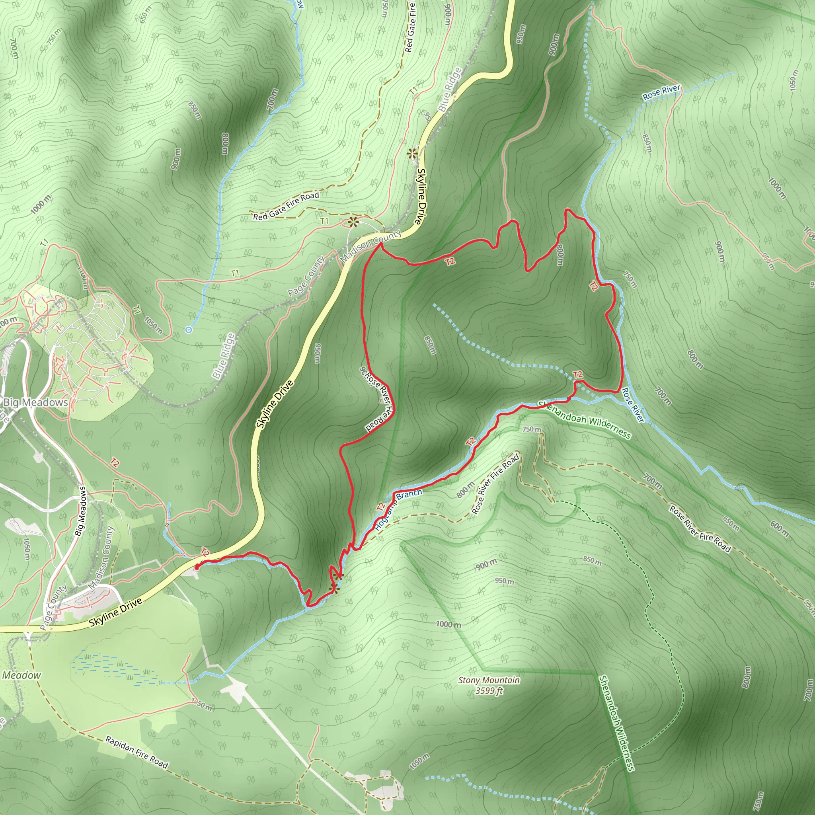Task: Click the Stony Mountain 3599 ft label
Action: point(489,685)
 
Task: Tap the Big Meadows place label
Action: point(35,402)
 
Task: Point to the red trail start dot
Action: point(197,567)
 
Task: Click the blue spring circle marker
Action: point(189,330)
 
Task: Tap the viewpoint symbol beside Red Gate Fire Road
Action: point(353,221)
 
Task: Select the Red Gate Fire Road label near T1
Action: point(286,206)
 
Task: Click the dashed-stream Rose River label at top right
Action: point(661,92)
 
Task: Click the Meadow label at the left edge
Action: point(21,675)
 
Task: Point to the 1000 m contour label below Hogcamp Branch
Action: point(448,624)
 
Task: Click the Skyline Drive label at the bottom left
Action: point(115,612)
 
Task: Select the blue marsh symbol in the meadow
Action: point(114,669)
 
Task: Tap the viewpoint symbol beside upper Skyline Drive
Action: point(412,154)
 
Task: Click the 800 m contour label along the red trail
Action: point(560,255)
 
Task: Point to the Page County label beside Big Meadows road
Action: point(53,607)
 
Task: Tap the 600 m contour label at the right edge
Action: point(779,528)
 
